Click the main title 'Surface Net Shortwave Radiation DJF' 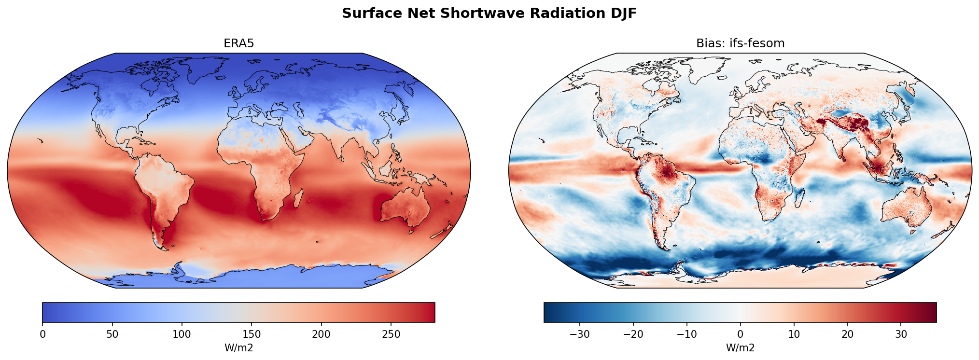coord(489,14)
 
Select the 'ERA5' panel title coord(238,43)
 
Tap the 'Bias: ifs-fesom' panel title coord(740,43)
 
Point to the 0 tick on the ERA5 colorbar coord(42,334)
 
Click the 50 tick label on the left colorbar coord(112,334)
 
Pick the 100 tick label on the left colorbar coord(182,334)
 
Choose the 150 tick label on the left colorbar coord(252,334)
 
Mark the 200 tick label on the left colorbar coord(321,334)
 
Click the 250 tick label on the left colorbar coord(391,334)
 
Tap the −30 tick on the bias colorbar coord(580,334)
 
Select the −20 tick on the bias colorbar coord(633,334)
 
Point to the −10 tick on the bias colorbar coord(687,334)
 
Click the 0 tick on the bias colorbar coord(740,334)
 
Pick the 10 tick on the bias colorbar coord(794,334)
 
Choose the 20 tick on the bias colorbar coord(847,334)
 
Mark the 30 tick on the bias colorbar coord(901,334)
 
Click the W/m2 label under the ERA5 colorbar coord(238,347)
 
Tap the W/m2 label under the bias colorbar coord(740,347)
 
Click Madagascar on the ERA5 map coord(298,198)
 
